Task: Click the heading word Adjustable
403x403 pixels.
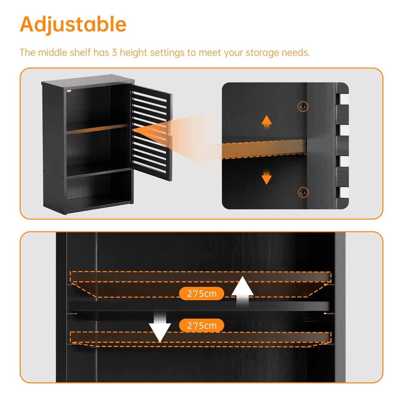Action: click(x=73, y=25)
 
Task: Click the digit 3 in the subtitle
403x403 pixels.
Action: click(x=114, y=53)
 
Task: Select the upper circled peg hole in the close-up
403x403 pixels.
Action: click(x=303, y=107)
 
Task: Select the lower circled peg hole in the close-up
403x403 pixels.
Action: click(x=303, y=192)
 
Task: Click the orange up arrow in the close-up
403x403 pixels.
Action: click(x=267, y=123)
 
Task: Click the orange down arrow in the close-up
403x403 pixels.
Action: click(x=267, y=177)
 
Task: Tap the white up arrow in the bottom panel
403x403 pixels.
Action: click(x=243, y=292)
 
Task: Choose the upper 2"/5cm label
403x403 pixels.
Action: click(x=201, y=293)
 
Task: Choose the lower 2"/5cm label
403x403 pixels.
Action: click(x=201, y=325)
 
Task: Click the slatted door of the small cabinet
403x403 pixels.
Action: click(x=151, y=133)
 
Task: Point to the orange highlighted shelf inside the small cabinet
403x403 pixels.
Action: click(x=97, y=129)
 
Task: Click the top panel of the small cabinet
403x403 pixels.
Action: click(x=88, y=80)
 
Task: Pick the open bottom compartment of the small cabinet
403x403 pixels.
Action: click(x=99, y=188)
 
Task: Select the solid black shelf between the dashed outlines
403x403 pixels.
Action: click(x=200, y=306)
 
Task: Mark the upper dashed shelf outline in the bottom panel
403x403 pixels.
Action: click(x=200, y=284)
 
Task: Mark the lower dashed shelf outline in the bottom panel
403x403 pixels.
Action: click(x=200, y=339)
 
